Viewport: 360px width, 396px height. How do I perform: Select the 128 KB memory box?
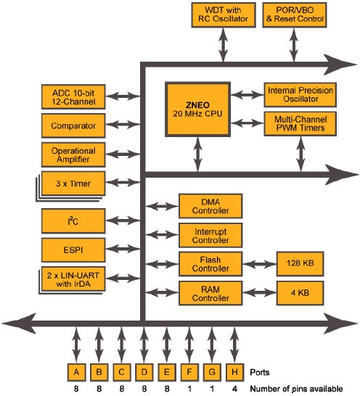click(300, 263)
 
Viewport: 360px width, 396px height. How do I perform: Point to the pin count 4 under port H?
click(232, 389)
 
